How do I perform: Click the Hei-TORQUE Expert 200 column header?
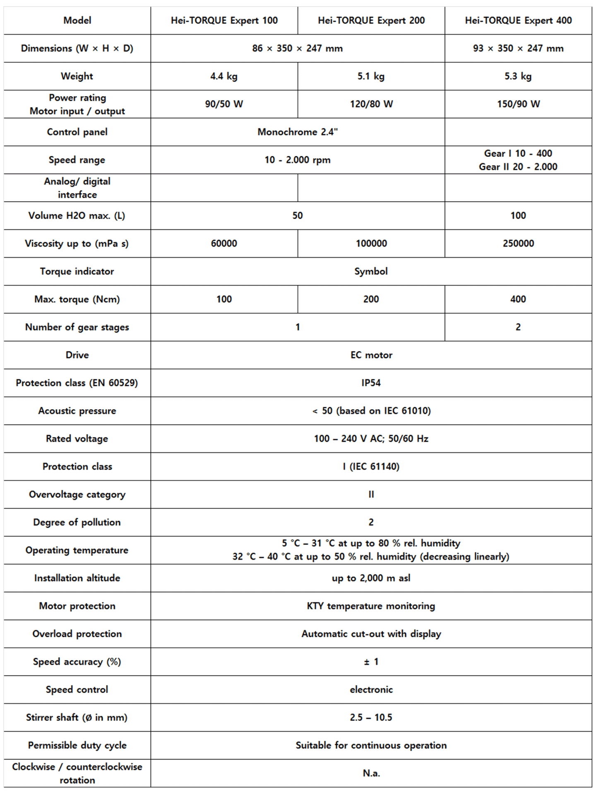click(x=371, y=20)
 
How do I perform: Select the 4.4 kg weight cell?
click(x=224, y=76)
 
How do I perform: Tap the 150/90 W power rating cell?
click(x=518, y=104)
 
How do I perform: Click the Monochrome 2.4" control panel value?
click(x=298, y=132)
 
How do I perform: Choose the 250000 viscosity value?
click(x=518, y=243)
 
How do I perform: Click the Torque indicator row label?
click(x=77, y=271)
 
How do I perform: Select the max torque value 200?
click(x=371, y=299)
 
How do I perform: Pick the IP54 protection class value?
click(x=371, y=383)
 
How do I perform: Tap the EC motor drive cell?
click(x=371, y=355)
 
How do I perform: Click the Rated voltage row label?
click(x=77, y=438)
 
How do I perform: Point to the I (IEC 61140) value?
click(x=371, y=466)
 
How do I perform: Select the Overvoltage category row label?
click(x=77, y=494)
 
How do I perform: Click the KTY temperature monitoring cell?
click(x=371, y=606)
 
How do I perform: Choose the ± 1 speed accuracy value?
click(x=371, y=662)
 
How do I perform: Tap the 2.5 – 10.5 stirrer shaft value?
click(x=371, y=717)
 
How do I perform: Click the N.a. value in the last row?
click(x=371, y=773)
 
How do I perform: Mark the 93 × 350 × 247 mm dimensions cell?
click(x=518, y=48)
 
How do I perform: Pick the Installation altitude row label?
click(x=77, y=578)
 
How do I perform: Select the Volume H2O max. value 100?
click(x=518, y=215)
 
